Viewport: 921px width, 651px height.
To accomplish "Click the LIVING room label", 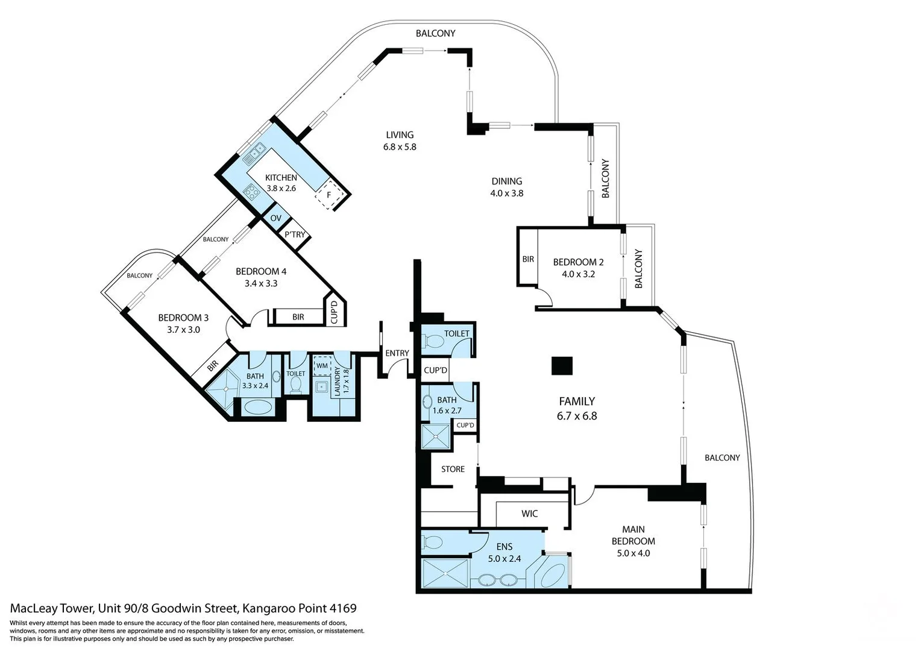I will tap(400, 135).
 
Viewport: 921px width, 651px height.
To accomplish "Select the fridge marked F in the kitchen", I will tap(328, 195).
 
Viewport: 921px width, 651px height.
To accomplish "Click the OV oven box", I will tap(276, 218).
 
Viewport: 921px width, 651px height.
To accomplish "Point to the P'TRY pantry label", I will tap(295, 234).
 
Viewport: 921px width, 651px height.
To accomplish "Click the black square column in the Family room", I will tap(562, 366).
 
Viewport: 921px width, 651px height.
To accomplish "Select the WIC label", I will tap(529, 514).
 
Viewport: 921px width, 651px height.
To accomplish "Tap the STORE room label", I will tap(453, 469).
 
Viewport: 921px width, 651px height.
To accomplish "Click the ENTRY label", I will tap(397, 353).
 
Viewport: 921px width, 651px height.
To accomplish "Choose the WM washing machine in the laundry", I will tap(322, 366).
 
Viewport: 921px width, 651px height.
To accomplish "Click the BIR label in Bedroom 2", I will tap(528, 259).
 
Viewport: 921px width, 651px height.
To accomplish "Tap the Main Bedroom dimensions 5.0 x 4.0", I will tap(633, 553).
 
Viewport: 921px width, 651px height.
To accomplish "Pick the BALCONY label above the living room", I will tap(435, 34).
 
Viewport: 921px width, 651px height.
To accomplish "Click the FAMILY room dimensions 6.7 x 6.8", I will tap(577, 416).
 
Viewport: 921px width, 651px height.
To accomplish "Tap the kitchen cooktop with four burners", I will tap(251, 192).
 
